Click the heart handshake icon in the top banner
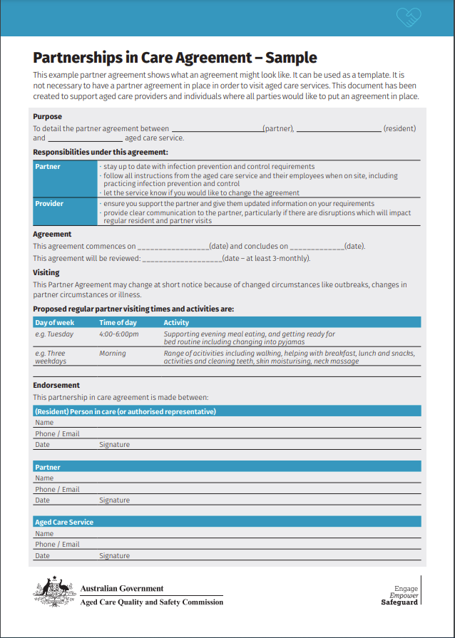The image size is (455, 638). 409,16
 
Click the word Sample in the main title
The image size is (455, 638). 288,58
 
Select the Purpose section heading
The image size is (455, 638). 48,116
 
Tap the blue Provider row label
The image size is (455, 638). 49,203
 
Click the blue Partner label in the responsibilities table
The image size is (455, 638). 48,166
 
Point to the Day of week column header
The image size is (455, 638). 55,322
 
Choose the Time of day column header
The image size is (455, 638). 118,322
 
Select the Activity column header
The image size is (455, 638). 176,322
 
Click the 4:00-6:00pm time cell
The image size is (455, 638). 119,334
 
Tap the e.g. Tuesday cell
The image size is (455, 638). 54,334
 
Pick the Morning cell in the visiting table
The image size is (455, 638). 113,353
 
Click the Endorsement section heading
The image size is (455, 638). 56,385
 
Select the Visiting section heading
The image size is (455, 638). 46,272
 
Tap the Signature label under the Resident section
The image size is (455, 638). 114,444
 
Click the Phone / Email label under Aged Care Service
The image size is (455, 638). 57,544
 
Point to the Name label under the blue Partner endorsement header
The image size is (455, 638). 44,478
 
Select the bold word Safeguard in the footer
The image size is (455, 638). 399,602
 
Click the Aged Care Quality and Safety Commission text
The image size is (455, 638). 151,602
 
